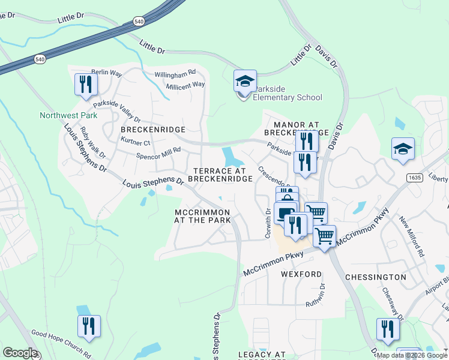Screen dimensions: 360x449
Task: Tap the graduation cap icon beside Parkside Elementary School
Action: pyautogui.click(x=245, y=82)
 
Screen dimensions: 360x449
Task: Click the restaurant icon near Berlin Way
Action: pyautogui.click(x=86, y=85)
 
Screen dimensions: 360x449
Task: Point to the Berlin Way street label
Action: pyautogui.click(x=107, y=73)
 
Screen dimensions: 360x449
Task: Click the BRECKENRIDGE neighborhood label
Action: pyautogui.click(x=153, y=130)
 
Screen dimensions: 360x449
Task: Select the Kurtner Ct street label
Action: pyautogui.click(x=135, y=142)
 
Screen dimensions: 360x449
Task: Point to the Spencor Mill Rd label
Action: pyautogui.click(x=158, y=153)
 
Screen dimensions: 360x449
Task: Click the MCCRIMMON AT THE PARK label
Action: pyautogui.click(x=203, y=217)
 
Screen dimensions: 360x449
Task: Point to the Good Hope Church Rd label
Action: pyautogui.click(x=61, y=343)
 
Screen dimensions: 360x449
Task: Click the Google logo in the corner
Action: pyautogui.click(x=20, y=353)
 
